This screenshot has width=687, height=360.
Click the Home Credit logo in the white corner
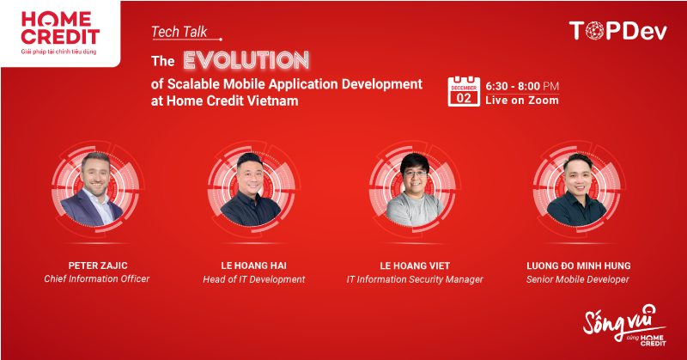59,33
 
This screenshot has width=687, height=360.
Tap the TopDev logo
617,31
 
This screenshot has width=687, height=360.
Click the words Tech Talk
179,32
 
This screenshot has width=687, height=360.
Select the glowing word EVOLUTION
246,60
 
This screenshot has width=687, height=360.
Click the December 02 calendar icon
464,92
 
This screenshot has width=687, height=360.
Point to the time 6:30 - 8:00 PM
522,86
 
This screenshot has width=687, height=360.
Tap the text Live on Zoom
522,101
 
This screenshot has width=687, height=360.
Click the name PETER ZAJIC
98,265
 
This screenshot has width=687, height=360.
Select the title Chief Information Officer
97,279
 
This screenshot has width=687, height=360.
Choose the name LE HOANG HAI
253,265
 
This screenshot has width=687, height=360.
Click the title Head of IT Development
253,279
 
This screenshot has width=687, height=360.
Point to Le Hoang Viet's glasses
415,174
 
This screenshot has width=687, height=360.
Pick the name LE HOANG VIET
415,265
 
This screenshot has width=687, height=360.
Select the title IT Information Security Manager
415,279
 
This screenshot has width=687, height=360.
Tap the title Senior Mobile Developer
577,279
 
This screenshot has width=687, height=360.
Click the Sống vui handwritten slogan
624,325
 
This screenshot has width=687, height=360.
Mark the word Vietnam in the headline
272,101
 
